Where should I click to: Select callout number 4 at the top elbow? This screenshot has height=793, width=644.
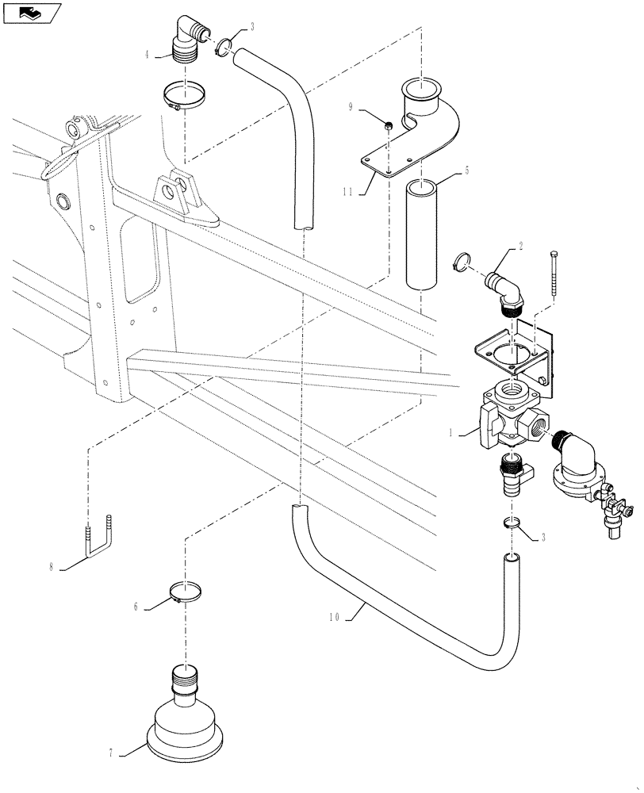pyautogui.click(x=147, y=55)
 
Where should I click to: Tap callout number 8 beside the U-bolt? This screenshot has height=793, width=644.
pyautogui.click(x=52, y=567)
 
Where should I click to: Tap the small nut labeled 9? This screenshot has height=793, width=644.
pyautogui.click(x=389, y=125)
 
